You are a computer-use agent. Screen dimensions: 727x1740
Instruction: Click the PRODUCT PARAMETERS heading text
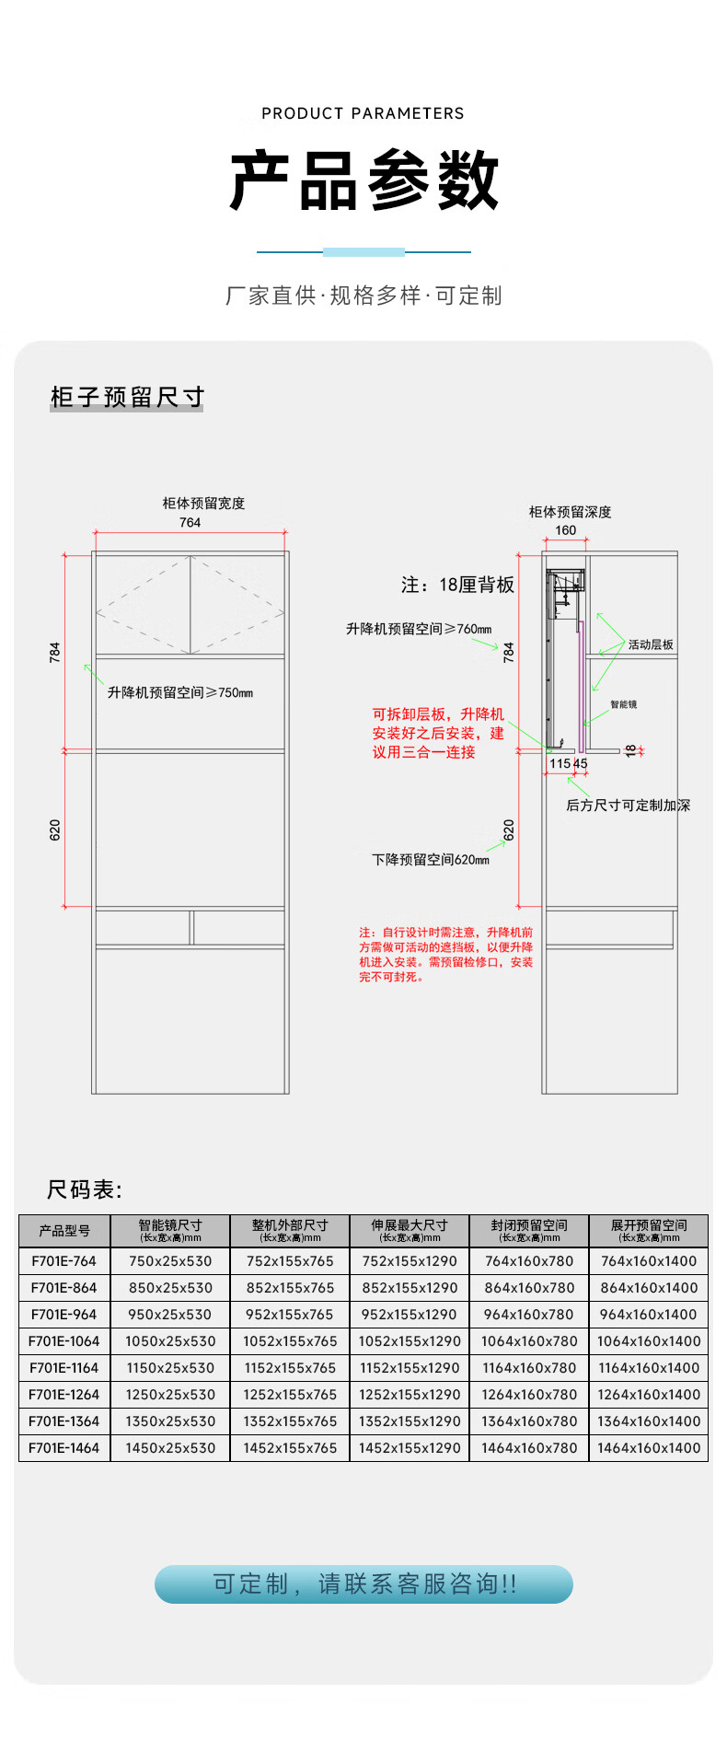click(x=363, y=113)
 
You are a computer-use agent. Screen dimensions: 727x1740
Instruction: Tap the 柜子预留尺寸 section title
click(x=127, y=397)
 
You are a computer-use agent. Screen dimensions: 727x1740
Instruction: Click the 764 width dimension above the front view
click(x=190, y=522)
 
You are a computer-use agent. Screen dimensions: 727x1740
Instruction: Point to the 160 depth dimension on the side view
click(x=565, y=530)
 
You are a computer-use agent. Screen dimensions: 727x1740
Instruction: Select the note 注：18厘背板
click(x=457, y=585)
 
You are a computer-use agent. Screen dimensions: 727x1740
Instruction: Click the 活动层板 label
click(x=651, y=644)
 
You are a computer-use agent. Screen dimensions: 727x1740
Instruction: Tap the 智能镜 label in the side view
click(x=623, y=704)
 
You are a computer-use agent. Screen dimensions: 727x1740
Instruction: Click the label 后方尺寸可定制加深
click(x=628, y=805)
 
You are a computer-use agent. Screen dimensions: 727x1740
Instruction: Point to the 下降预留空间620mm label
click(x=431, y=859)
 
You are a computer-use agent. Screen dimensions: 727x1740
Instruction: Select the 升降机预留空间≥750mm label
click(x=180, y=692)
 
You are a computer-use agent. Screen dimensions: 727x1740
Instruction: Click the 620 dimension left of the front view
click(x=55, y=829)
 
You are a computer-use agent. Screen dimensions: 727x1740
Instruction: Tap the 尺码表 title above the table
click(x=84, y=1189)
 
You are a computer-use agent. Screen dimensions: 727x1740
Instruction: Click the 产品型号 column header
click(x=64, y=1231)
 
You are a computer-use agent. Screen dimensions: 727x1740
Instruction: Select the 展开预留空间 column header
click(x=649, y=1230)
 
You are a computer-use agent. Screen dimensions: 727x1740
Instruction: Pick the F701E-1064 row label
click(x=64, y=1341)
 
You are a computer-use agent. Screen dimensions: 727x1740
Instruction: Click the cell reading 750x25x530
click(x=170, y=1261)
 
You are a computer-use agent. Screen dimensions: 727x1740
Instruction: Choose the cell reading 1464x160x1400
click(x=649, y=1448)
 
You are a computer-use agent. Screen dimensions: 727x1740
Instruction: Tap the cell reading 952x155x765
click(x=290, y=1315)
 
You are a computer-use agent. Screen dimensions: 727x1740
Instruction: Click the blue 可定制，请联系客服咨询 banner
click(x=363, y=1583)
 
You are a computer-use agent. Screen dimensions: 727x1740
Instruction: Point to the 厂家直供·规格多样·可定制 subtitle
click(x=363, y=296)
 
